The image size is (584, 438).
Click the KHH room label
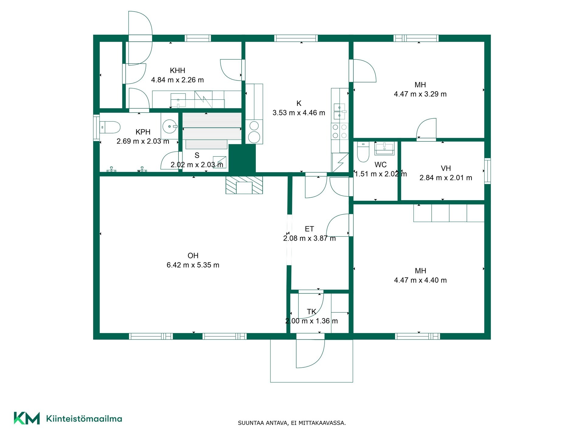pos(177,71)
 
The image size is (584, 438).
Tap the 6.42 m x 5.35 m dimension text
pos(193,265)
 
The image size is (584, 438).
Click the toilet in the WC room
pos(363,152)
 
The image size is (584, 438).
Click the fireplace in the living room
pos(244,185)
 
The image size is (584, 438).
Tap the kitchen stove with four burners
pos(340,131)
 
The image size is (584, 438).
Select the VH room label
pos(446,169)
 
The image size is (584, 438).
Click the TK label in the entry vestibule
pos(311,312)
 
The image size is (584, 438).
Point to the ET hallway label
pos(309,229)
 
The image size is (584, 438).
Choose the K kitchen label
pos(299,103)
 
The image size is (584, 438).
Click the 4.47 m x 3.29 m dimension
pos(420,94)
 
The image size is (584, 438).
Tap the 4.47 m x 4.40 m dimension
pos(420,280)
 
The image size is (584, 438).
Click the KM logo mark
pos(27,418)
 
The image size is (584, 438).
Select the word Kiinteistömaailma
pos(84,419)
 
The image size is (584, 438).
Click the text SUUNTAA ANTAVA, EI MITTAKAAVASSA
pos(292,423)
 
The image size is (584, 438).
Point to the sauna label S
pos(197,155)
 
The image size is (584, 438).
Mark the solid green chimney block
pos(242,158)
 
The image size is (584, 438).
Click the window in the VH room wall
pos(488,171)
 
